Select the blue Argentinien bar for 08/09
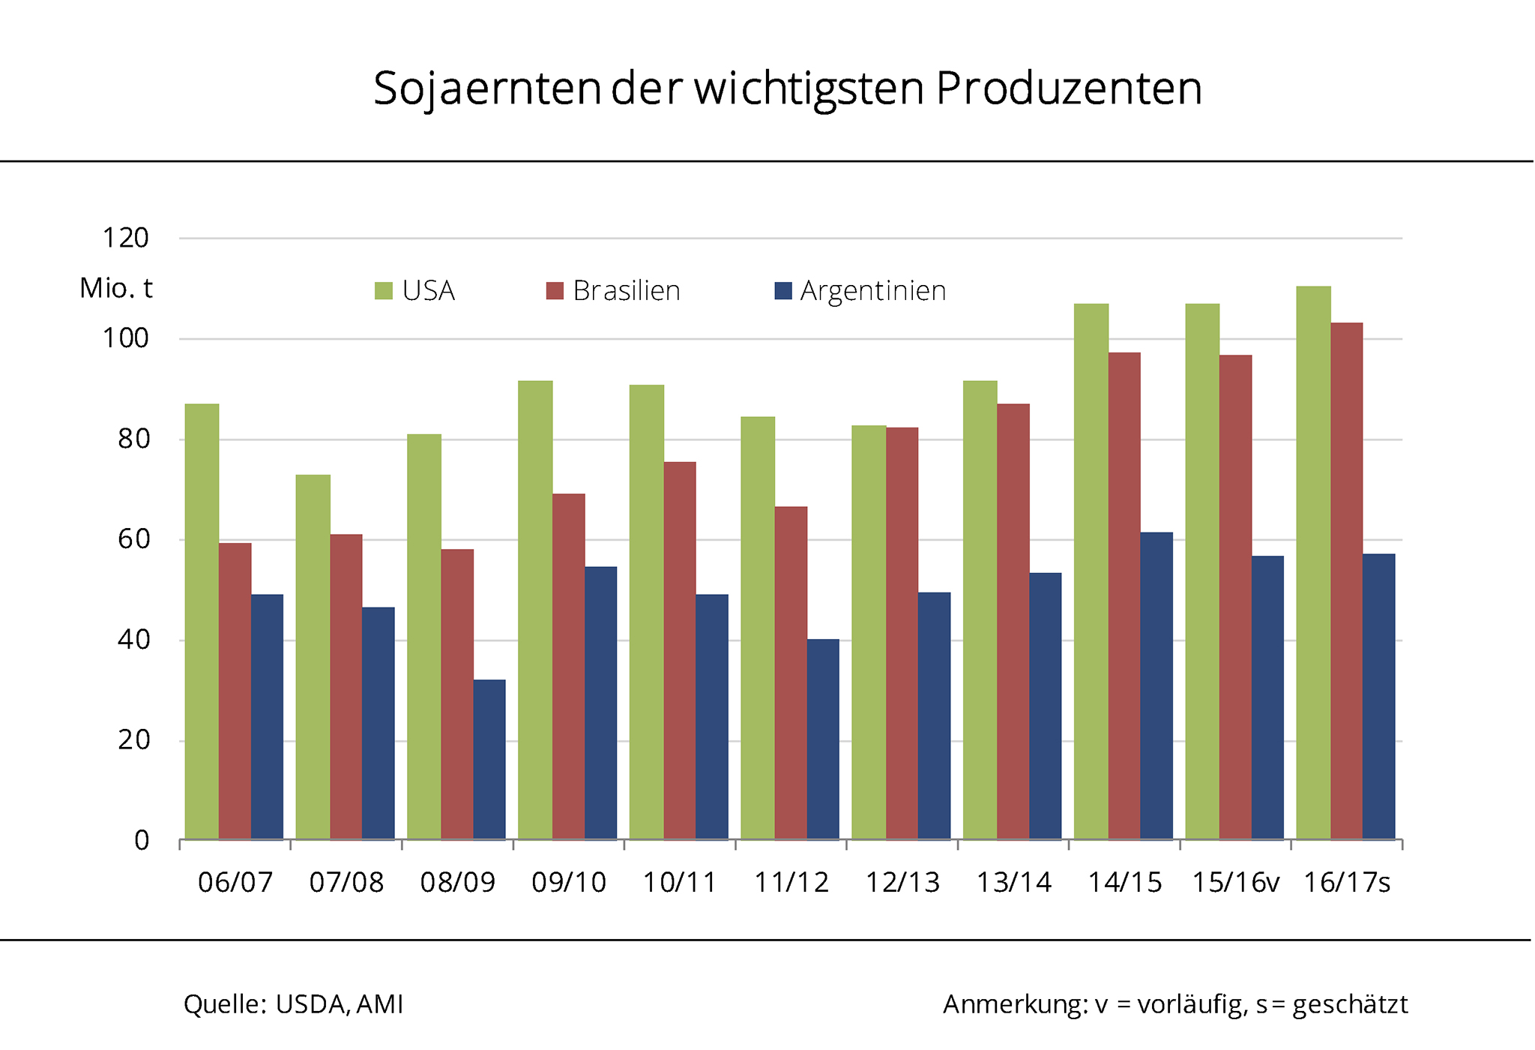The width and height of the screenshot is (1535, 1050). (489, 759)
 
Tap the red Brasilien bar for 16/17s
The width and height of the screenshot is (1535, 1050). (1347, 580)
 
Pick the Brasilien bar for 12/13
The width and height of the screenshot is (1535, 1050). (902, 633)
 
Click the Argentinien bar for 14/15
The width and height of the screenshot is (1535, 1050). (1156, 685)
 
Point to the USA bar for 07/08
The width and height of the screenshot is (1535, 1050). (313, 656)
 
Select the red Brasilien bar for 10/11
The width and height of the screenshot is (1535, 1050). (680, 650)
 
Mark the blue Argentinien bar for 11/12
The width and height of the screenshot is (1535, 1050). (823, 739)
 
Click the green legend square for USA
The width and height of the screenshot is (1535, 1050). (384, 291)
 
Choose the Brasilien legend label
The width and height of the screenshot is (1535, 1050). (627, 291)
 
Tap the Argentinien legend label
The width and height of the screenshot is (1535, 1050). (873, 291)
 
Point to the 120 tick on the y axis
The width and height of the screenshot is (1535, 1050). (126, 238)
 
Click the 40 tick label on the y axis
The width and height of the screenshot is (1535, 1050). (133, 640)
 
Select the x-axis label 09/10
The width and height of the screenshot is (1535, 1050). (569, 883)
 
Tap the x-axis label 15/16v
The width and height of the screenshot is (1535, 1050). (1236, 883)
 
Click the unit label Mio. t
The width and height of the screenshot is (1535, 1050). (116, 288)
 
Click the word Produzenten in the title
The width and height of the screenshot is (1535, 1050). (1069, 88)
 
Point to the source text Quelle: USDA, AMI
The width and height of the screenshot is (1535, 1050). (294, 1004)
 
